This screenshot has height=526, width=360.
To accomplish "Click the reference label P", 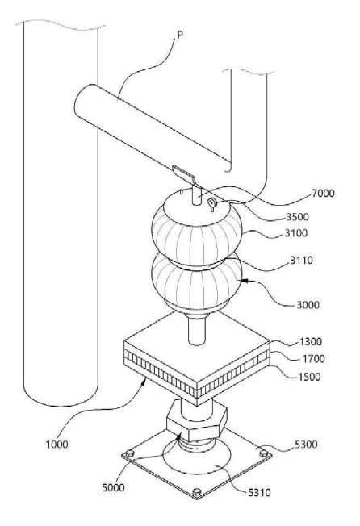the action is point(180,35).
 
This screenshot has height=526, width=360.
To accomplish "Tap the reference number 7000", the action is point(323,194).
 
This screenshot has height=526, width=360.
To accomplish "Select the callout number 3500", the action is point(297,217).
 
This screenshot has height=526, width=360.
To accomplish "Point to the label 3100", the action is point(296,233).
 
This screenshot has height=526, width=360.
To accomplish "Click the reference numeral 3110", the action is point(301,260).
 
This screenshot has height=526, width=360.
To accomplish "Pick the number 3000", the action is point(308,305).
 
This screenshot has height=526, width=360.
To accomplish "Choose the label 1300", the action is point(310,342).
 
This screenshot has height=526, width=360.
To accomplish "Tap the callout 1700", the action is point(314,359).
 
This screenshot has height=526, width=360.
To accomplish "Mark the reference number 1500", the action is point(309,377).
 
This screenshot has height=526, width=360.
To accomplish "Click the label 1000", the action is point(57,445).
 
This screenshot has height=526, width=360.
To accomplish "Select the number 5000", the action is point(113,487).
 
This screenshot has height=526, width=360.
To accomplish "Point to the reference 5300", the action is point(306,445).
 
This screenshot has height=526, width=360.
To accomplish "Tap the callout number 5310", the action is point(259,492).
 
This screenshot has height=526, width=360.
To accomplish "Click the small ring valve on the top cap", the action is point(212,203).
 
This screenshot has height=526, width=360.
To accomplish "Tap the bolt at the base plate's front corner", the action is point(197,492).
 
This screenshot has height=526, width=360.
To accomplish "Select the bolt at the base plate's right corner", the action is point(264,453).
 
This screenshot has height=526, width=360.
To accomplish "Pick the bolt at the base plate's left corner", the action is point(129,454).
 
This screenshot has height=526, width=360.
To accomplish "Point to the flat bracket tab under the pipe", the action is point(183,173).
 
